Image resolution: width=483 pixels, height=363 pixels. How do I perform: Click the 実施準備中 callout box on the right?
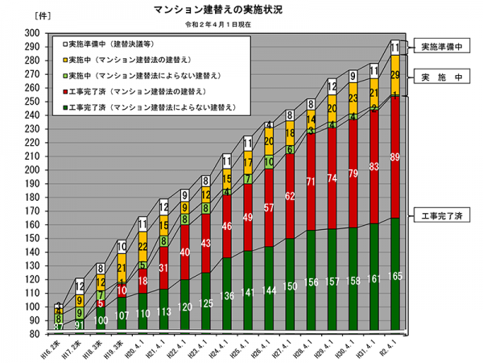(442, 48)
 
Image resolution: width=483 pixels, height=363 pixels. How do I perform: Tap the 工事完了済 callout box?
(442, 215)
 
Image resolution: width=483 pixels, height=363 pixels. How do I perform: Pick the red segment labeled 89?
(394, 158)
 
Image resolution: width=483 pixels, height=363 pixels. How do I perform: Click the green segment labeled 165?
(394, 277)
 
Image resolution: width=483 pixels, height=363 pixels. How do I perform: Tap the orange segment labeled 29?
(394, 75)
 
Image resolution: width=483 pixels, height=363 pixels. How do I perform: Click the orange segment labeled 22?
(143, 246)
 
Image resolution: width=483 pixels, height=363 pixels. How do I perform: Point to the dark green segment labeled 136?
(227, 295)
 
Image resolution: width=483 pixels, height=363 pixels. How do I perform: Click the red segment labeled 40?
(185, 252)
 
